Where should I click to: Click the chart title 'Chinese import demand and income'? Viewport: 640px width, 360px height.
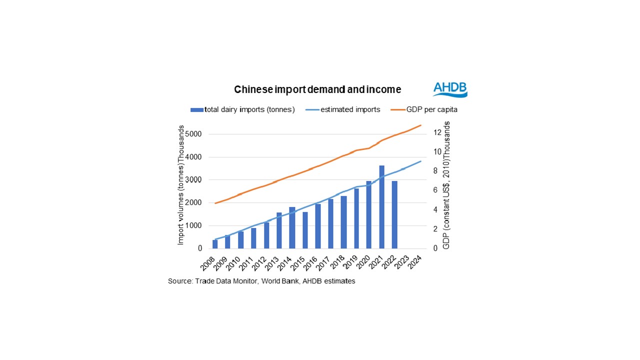(x=317, y=89)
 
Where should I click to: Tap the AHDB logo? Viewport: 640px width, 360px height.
(x=450, y=89)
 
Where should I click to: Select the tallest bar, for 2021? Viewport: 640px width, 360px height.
(x=381, y=207)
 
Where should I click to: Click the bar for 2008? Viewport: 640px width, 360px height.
(x=215, y=244)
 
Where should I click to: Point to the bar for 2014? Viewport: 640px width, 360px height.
(x=292, y=227)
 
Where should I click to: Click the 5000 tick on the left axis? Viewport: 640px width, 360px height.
(x=193, y=134)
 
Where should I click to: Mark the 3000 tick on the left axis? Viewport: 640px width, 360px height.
(x=193, y=180)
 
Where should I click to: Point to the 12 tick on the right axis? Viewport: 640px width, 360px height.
(x=436, y=132)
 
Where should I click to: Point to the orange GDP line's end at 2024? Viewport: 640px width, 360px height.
(x=421, y=125)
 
